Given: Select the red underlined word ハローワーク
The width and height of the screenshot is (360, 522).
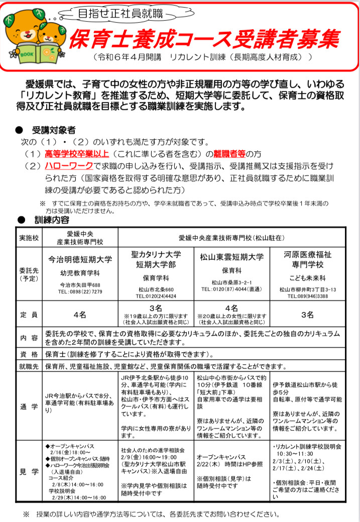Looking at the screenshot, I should (69, 165).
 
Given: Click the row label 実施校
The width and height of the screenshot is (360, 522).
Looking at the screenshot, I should (29, 237).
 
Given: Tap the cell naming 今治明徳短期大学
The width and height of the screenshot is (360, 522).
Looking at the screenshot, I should (80, 260).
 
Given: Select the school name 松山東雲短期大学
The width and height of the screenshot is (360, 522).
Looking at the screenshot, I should (231, 257).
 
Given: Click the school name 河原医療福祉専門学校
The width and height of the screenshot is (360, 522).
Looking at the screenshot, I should (308, 260).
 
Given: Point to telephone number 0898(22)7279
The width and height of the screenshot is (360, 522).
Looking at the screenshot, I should (80, 291).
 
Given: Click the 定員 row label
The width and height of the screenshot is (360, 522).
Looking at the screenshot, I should (29, 315).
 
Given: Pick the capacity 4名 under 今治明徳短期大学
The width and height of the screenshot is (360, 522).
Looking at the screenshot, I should (80, 315).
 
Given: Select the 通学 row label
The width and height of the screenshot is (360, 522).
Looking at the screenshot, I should (29, 406).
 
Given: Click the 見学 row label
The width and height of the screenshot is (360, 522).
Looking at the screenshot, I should (29, 472).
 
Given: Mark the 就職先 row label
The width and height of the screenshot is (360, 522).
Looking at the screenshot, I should (29, 366).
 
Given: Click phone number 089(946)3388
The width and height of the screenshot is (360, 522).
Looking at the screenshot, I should (308, 296).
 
